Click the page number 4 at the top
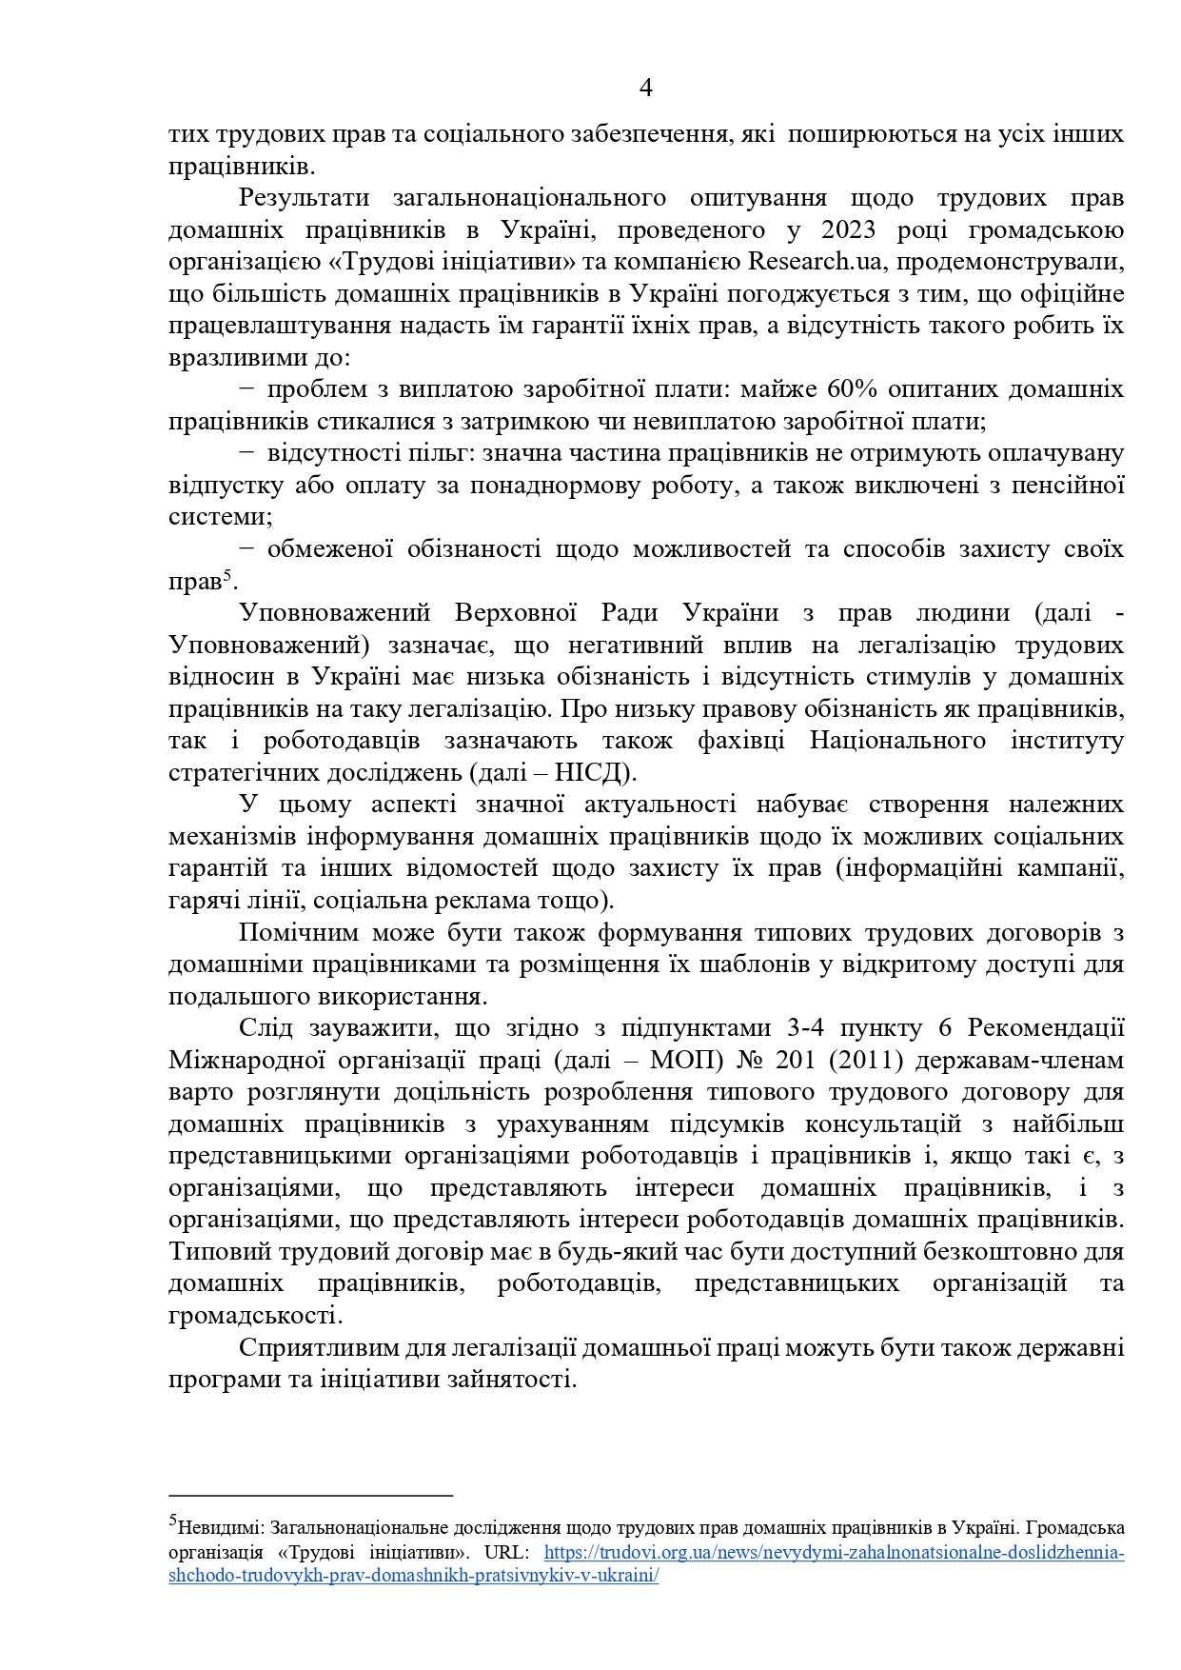tap(645, 89)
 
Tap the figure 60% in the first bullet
tap(853, 389)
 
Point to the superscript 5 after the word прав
tap(226, 575)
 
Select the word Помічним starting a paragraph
tap(299, 932)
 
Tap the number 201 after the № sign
tap(796, 1060)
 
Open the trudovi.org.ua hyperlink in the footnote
tap(834, 1553)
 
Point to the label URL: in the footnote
tap(506, 1553)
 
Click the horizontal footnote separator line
tap(310, 1496)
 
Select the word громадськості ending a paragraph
tap(253, 1317)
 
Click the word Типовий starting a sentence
tap(215, 1252)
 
